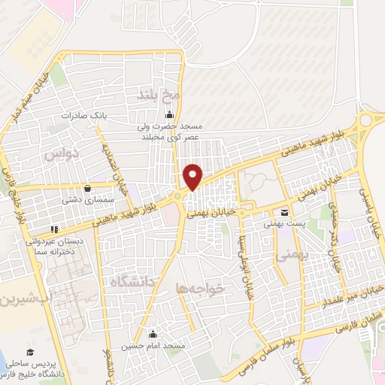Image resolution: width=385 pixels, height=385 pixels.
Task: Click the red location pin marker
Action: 193,177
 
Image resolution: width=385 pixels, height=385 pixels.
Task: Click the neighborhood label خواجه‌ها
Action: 200,287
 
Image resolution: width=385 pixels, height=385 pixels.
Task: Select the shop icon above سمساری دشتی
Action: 88,188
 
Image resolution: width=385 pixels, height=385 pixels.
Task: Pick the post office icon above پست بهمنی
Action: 284,214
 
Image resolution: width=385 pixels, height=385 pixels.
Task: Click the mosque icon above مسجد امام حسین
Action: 153,334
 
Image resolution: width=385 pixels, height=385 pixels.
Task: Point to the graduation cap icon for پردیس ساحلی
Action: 31,352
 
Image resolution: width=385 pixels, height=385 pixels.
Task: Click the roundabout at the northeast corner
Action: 368,120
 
